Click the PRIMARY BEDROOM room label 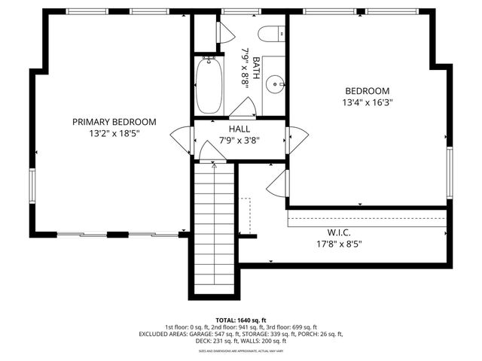pyautogui.click(x=114, y=122)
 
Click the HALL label pyautogui.click(x=239, y=129)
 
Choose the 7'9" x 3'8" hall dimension pyautogui.click(x=239, y=140)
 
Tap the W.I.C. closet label pyautogui.click(x=339, y=232)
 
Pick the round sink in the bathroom pyautogui.click(x=276, y=84)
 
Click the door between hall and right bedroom pyautogui.click(x=296, y=139)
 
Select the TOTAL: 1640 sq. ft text pyautogui.click(x=240, y=320)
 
